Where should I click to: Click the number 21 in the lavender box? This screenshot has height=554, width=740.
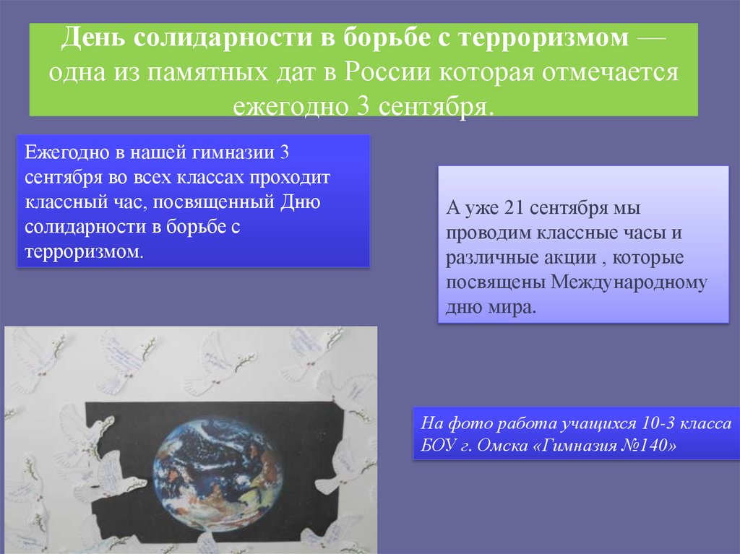click(509, 209)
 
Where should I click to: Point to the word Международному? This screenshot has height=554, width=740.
click(629, 282)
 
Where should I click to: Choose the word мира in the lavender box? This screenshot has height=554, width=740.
click(515, 307)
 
